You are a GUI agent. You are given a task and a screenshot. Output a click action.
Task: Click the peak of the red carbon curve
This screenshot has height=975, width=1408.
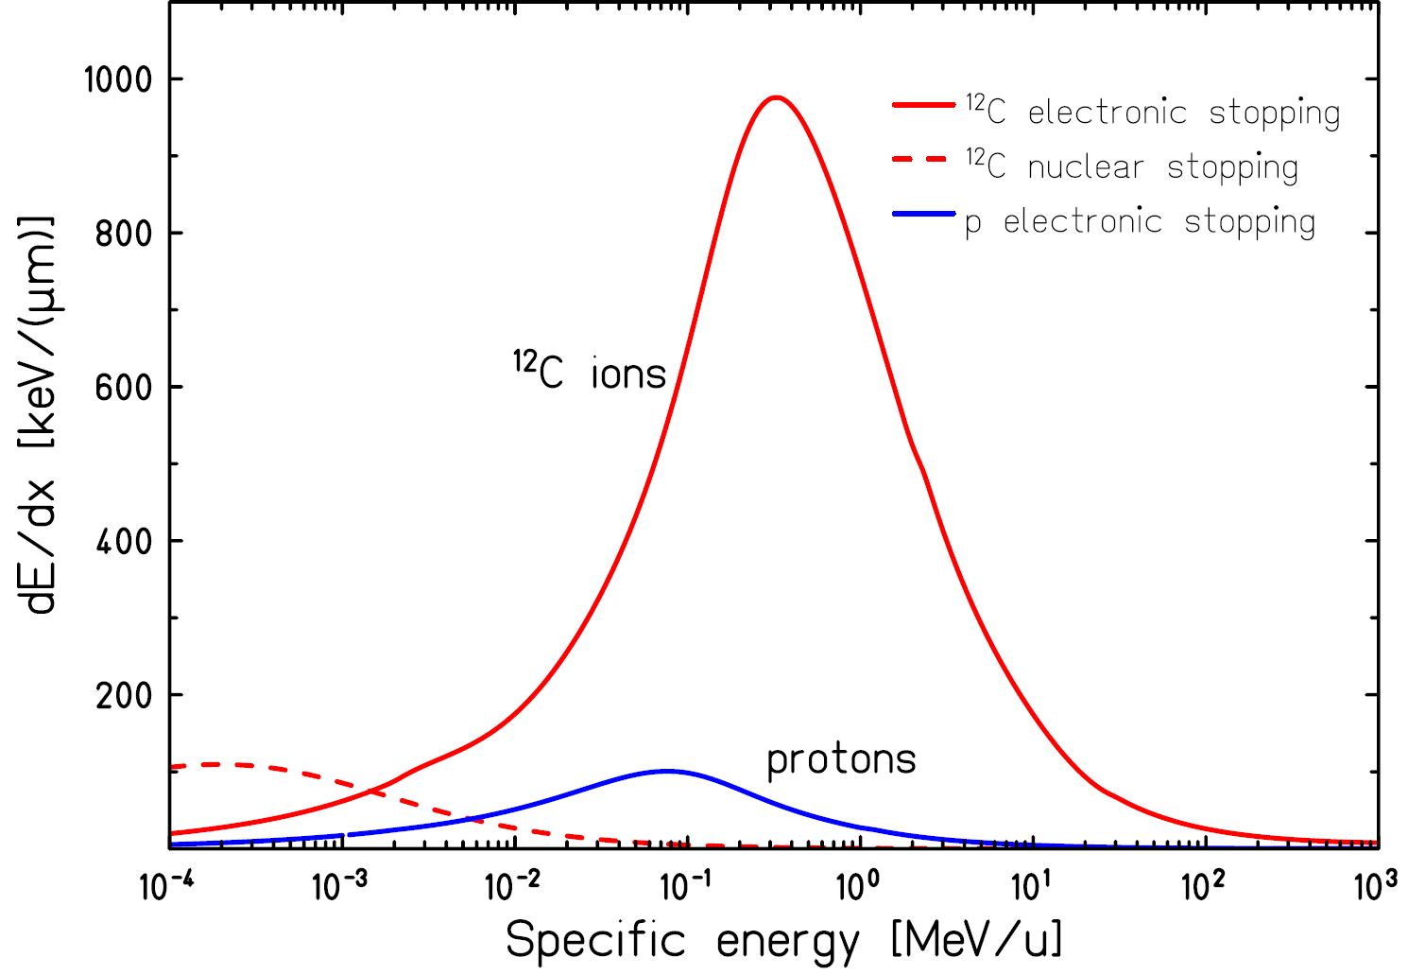[776, 97]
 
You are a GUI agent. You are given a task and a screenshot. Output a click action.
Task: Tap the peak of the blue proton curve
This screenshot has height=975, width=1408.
[667, 771]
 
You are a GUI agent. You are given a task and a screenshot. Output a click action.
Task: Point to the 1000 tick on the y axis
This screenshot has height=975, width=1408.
[117, 79]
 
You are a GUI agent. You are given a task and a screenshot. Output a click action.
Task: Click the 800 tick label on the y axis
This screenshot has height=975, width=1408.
[124, 234]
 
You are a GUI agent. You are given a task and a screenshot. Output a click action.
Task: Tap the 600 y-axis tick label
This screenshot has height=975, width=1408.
[124, 388]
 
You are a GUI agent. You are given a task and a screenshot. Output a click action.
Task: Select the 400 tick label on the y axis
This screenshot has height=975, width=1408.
[124, 542]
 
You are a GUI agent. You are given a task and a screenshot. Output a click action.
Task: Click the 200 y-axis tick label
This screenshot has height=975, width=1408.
[124, 696]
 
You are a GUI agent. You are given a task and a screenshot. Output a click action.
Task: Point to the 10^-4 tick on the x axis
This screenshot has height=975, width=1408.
[166, 886]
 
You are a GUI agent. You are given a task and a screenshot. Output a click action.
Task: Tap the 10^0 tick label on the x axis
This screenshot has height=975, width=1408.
[858, 886]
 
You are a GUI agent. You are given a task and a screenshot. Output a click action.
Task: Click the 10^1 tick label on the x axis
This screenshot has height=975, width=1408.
[1029, 886]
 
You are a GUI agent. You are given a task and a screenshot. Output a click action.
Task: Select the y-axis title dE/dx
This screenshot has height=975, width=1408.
[40, 416]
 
